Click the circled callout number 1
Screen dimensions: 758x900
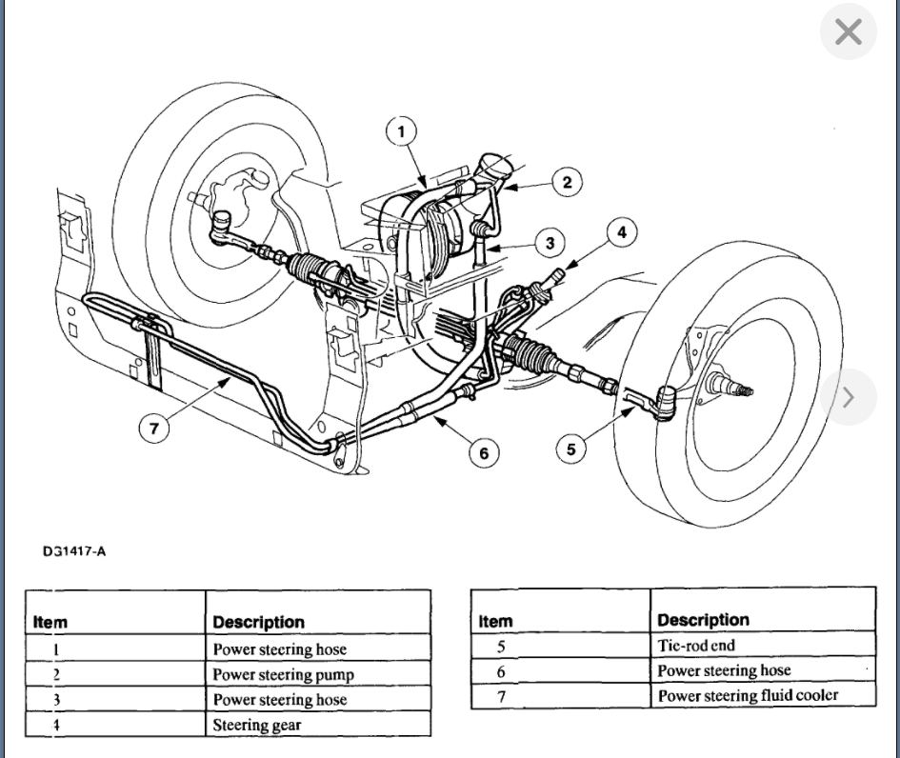402,131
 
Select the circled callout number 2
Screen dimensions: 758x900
567,182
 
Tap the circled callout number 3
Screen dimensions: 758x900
550,243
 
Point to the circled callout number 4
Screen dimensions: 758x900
622,231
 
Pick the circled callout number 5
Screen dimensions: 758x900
570,449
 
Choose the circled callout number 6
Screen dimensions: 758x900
484,453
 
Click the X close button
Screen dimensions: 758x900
848,32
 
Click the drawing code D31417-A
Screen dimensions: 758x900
73,551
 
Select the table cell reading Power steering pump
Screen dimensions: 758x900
283,674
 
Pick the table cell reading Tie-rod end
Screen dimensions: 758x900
696,645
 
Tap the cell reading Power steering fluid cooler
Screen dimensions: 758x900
748,695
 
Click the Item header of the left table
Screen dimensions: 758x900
50,623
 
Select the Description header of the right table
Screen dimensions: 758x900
703,621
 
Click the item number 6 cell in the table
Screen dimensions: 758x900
501,671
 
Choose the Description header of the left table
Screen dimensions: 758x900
258,623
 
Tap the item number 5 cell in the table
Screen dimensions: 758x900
501,646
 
